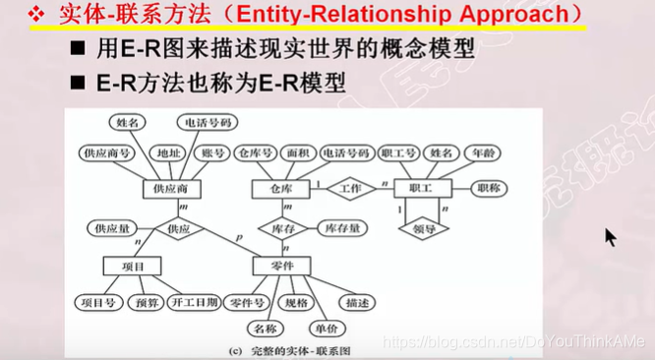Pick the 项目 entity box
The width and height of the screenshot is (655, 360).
tap(133, 266)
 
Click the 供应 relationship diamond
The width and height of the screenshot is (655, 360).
tap(178, 228)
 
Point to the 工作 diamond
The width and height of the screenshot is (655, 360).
tap(350, 187)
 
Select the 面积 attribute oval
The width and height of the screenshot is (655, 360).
tap(297, 153)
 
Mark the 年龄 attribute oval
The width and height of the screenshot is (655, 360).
tap(482, 153)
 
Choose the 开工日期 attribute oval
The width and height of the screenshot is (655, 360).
tap(194, 301)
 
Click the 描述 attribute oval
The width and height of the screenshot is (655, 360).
tap(353, 301)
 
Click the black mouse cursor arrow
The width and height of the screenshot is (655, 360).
tap(610, 237)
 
